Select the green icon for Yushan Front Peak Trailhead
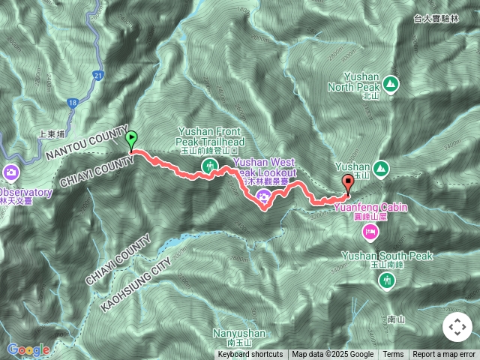211,165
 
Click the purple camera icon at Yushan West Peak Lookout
263,197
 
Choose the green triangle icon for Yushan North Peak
391,82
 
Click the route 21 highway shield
98,75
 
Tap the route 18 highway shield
72,103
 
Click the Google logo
28,349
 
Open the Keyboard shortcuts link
250,355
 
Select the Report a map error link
445,355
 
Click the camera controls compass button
457,328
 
